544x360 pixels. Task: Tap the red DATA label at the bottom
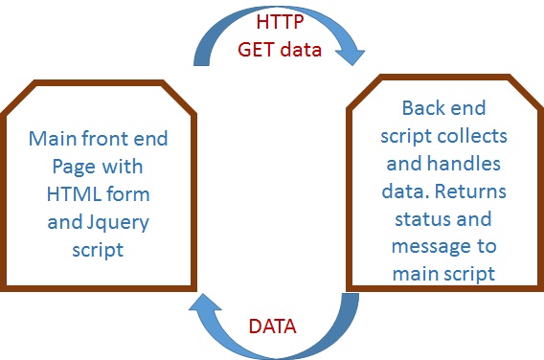[272, 324]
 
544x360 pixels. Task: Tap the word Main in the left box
[53, 140]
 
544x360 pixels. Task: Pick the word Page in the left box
[72, 167]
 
